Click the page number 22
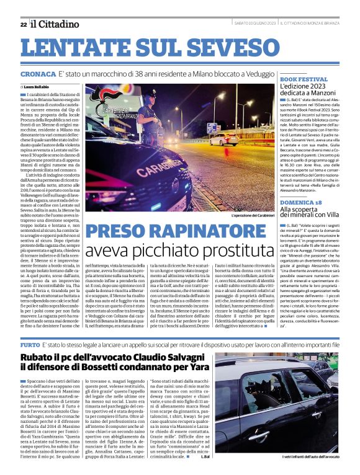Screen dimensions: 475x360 pyautogui.click(x=23, y=24)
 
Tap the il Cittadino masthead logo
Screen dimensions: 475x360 pyautogui.click(x=55, y=24)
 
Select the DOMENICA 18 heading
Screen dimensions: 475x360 pyautogui.click(x=301, y=202)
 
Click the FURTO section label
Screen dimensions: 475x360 pyautogui.click(x=30, y=343)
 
